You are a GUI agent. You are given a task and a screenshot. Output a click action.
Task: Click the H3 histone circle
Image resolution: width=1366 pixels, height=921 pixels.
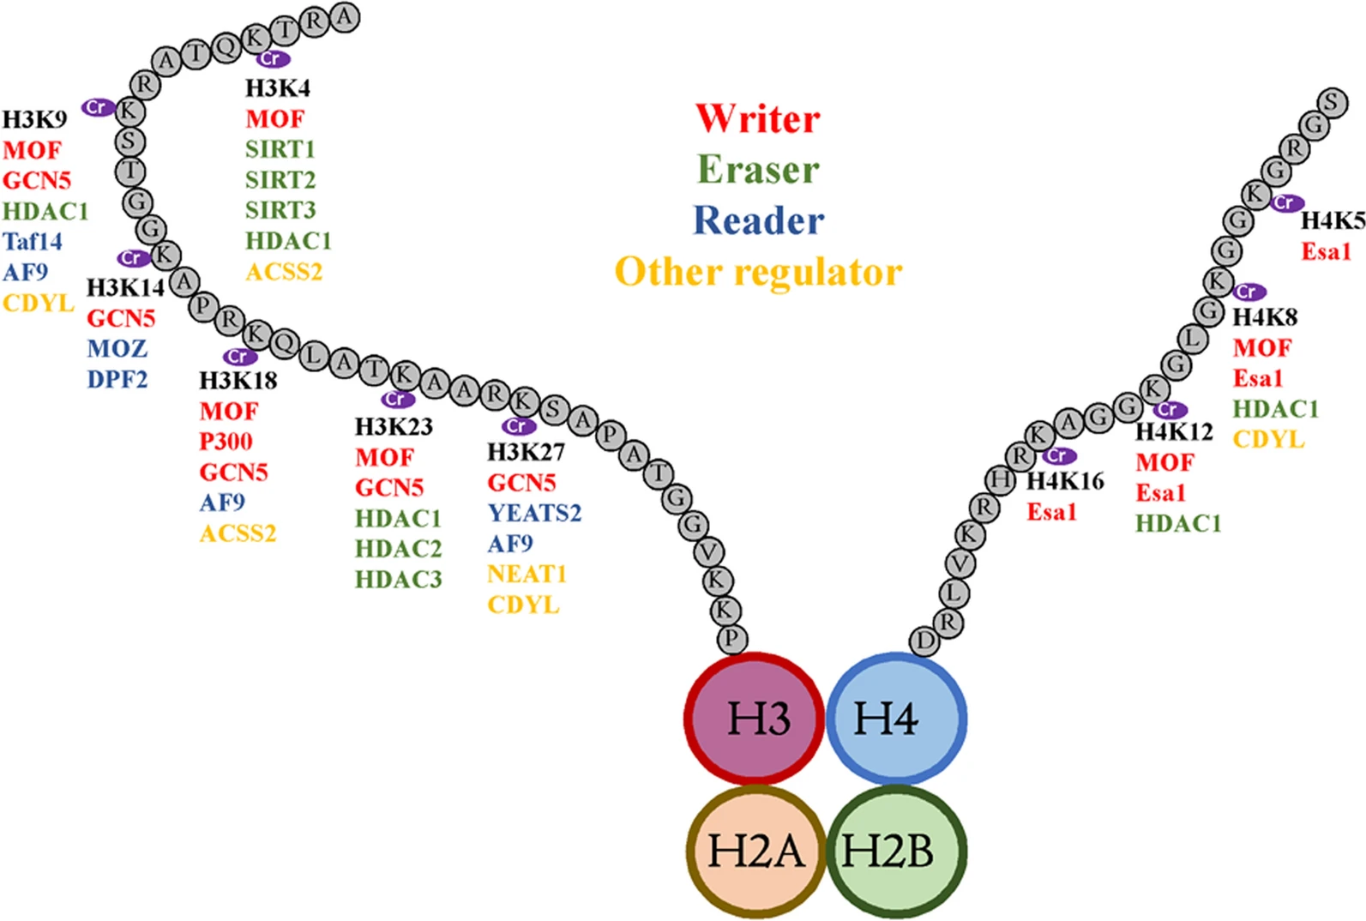(x=755, y=719)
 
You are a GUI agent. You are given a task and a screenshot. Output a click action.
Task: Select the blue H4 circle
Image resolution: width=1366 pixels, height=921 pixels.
(x=896, y=719)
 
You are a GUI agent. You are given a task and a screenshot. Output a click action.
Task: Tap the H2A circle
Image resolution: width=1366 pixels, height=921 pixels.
(x=755, y=852)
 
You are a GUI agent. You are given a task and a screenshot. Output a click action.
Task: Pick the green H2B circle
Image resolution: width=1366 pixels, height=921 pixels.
(x=896, y=852)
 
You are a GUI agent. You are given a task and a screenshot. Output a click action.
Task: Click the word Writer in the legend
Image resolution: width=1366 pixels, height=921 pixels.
(x=757, y=118)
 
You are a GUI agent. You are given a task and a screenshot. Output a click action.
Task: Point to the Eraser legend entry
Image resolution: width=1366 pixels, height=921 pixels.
(x=757, y=170)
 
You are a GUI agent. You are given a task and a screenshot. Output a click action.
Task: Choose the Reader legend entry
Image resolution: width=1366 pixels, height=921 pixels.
(x=758, y=220)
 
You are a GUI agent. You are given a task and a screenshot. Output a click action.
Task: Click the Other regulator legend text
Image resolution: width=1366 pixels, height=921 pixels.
(x=758, y=272)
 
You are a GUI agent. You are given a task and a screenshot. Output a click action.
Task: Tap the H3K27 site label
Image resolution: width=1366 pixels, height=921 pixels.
(x=526, y=452)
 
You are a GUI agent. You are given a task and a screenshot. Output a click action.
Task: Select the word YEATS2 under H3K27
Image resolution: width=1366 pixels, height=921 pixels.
(x=534, y=513)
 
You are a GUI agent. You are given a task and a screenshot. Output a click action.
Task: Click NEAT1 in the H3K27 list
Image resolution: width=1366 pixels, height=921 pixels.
(x=527, y=574)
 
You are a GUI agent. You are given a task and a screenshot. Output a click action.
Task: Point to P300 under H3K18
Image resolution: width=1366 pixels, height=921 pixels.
(x=226, y=442)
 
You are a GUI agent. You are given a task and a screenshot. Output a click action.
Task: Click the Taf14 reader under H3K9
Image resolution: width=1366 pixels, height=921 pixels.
(x=33, y=242)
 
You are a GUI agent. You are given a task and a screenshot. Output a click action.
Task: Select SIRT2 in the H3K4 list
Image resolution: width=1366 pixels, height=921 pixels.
(x=280, y=180)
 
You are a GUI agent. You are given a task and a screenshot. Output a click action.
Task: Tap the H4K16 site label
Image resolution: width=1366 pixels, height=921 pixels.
(x=1065, y=481)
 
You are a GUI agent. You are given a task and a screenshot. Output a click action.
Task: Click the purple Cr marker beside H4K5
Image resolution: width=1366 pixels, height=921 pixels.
(x=1285, y=202)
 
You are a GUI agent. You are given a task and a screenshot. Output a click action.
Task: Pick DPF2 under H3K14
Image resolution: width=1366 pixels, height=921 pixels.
(x=117, y=379)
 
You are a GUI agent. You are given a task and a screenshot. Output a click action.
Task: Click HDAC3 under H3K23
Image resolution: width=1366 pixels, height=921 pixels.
(x=398, y=580)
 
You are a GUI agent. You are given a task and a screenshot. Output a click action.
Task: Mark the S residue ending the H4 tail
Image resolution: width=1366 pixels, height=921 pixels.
(x=1332, y=102)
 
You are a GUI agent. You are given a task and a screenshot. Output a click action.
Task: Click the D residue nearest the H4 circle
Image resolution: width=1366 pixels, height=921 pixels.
(x=924, y=641)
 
